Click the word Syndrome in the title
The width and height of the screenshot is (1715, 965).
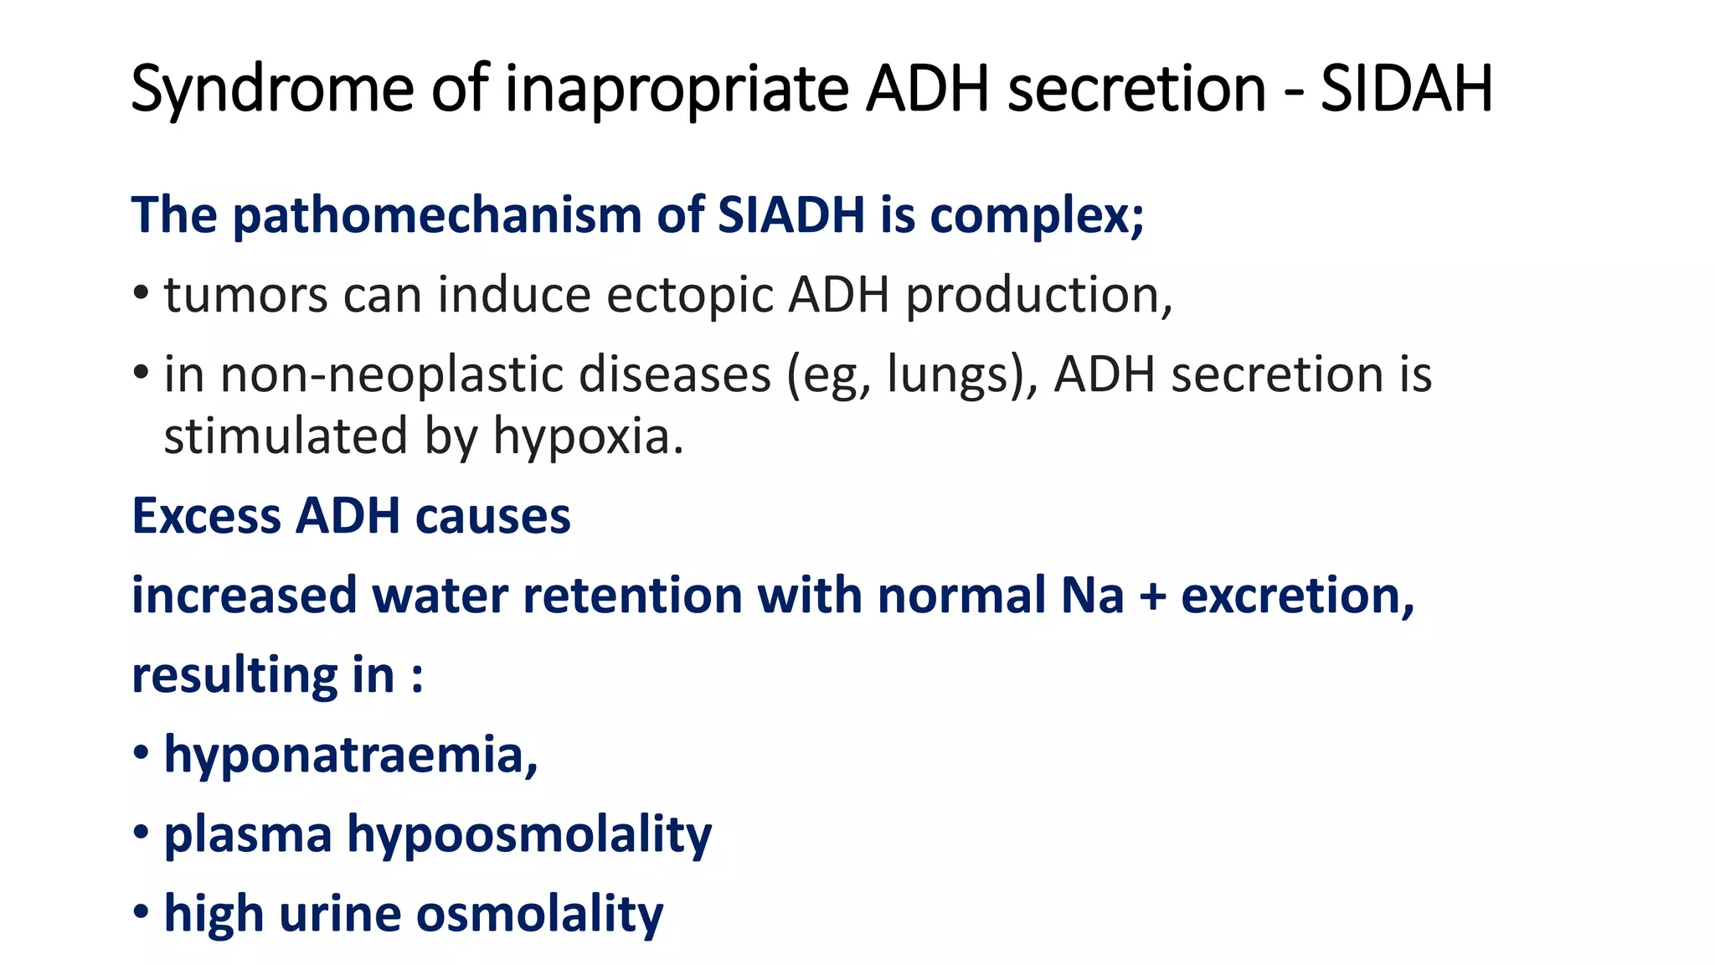272,89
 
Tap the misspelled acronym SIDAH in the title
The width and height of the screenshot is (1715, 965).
1407,89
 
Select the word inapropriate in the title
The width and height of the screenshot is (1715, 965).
677,89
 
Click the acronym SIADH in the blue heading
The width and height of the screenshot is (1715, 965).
791,215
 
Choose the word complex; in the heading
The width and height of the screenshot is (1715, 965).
1037,215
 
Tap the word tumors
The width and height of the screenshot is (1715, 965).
245,295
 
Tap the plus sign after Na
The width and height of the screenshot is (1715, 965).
1152,596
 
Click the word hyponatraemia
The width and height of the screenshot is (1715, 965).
350,754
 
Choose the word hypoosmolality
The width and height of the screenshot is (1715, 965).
529,834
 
